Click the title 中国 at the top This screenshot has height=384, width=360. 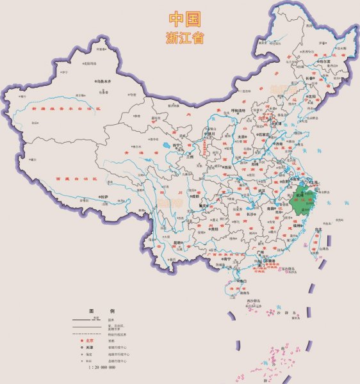184,19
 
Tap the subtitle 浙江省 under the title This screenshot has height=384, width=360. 184,37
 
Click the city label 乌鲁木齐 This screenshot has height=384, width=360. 104,82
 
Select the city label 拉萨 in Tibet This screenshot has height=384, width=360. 102,196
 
